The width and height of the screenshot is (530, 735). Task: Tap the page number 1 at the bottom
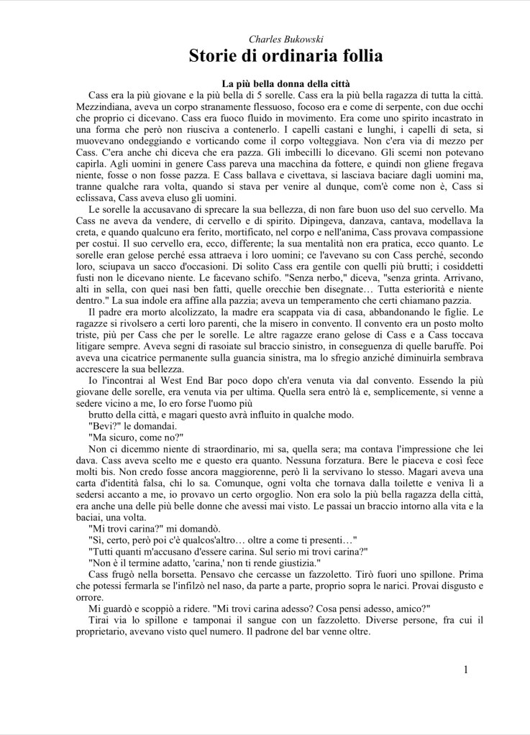coord(465,670)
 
